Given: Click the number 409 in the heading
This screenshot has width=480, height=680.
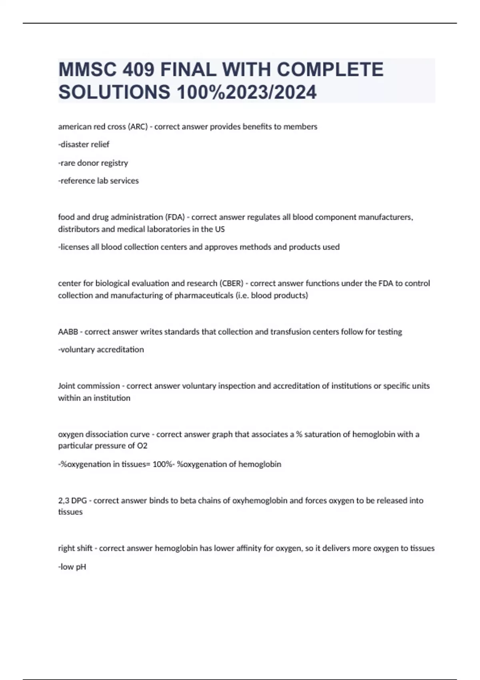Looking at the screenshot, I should (x=138, y=70).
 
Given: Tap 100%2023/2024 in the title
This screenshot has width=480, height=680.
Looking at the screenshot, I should (x=246, y=92).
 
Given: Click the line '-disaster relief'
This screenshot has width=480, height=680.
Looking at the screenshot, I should (x=84, y=144).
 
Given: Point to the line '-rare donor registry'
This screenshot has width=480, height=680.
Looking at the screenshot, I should (x=93, y=163).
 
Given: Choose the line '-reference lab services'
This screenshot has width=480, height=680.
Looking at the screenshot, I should (x=98, y=181).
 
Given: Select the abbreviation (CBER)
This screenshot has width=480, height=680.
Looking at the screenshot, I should (x=231, y=283).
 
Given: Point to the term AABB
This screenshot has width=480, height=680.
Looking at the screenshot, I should (x=68, y=332).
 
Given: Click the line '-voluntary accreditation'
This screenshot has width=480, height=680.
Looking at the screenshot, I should (x=101, y=350).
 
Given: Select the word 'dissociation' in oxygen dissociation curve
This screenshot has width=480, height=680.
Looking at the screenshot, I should (x=106, y=434).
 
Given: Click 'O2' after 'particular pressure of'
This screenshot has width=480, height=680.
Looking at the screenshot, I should (x=142, y=446).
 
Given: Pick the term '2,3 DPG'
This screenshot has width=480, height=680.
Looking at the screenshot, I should (x=72, y=500).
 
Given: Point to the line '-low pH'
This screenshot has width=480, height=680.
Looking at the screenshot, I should (x=72, y=567).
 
